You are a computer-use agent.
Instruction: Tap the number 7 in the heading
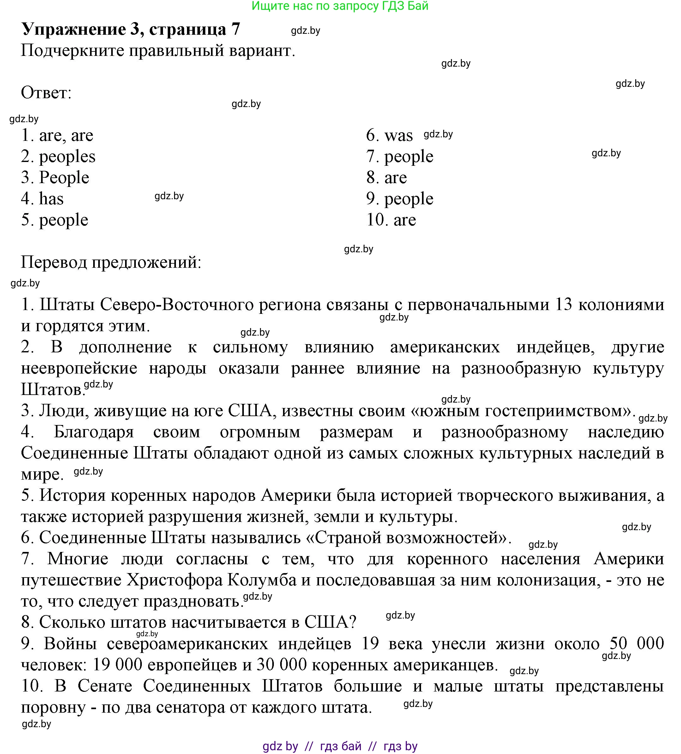pos(236,29)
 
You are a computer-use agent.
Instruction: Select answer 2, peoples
pos(67,157)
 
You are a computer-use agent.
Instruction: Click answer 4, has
pos(51,199)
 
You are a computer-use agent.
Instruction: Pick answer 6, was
pos(399,135)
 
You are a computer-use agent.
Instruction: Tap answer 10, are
pos(405,220)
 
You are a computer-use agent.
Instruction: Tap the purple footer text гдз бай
pos(340,746)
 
